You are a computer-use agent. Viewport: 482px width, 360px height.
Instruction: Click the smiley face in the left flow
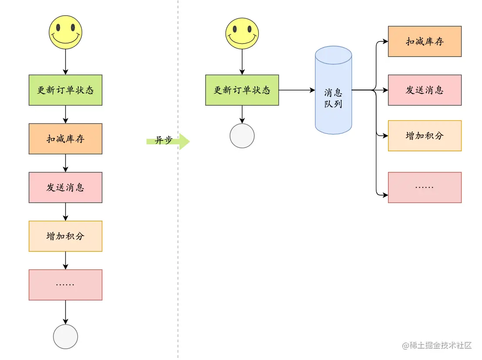point(65,32)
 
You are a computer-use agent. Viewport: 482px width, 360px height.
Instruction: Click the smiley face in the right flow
point(242,33)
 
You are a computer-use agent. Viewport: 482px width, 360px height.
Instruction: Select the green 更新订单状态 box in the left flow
point(65,90)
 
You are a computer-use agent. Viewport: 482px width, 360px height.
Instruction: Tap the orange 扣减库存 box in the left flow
point(65,139)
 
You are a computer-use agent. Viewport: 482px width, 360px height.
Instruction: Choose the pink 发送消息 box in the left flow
point(65,187)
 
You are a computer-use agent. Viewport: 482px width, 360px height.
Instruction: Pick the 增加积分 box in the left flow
point(65,236)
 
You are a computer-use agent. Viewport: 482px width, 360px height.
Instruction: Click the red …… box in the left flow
point(65,285)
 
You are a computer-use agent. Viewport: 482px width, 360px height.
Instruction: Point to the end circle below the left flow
point(65,337)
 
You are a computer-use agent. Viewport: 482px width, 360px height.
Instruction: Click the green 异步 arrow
point(168,141)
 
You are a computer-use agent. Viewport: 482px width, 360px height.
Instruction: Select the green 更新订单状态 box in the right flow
point(242,90)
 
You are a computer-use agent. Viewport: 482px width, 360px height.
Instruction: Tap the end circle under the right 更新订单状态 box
point(242,136)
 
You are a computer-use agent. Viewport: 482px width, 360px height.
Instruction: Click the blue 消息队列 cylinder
point(333,90)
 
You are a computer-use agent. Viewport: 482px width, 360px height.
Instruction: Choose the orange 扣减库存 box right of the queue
point(425,41)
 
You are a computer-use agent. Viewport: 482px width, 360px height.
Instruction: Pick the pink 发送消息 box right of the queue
point(425,90)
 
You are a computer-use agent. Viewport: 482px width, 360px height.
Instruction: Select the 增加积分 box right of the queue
point(425,136)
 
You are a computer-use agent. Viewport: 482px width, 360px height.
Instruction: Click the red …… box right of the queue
point(425,187)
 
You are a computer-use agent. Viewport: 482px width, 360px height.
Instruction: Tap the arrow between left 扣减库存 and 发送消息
point(65,163)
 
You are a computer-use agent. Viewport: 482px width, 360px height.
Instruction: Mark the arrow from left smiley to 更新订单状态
point(65,62)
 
